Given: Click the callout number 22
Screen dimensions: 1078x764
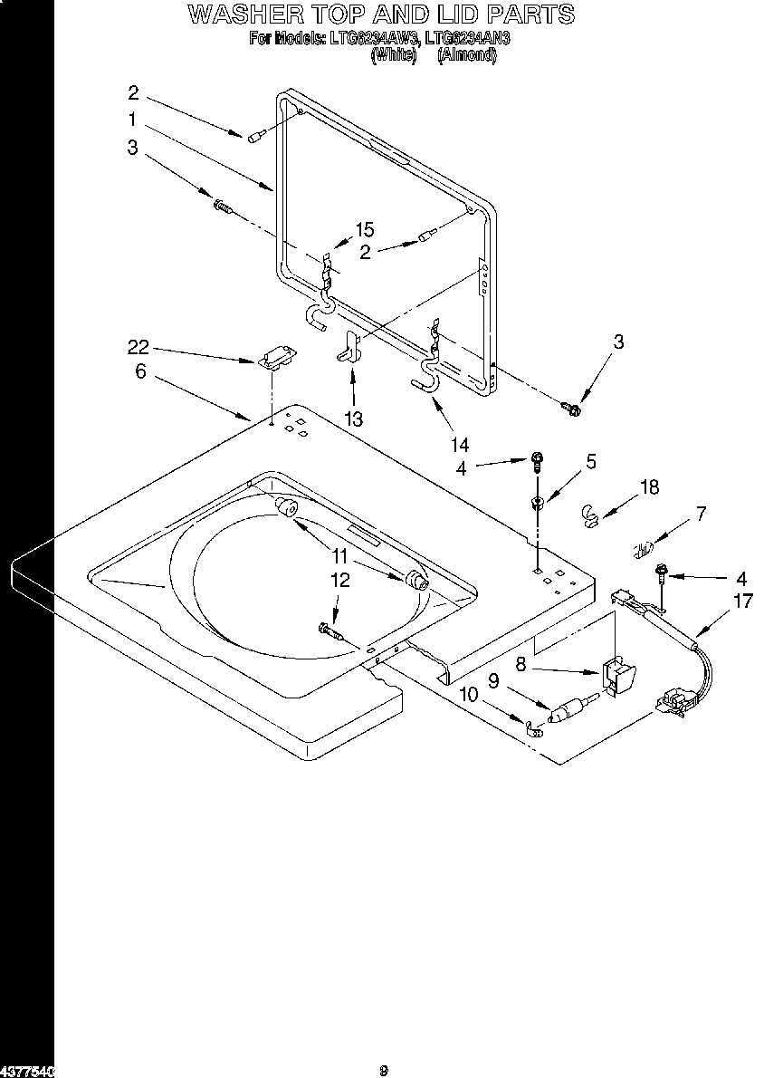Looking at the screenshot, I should [138, 348].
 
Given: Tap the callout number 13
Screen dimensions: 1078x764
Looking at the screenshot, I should [353, 419].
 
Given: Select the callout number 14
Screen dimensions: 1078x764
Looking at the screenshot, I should [461, 444].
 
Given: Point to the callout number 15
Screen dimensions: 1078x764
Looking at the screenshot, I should [364, 230].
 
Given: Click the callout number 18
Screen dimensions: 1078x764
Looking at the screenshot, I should [649, 488].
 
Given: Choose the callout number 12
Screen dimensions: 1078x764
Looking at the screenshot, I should [339, 581].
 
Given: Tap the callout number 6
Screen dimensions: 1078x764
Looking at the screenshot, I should [140, 371].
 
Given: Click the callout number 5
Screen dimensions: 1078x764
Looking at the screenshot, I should [590, 462].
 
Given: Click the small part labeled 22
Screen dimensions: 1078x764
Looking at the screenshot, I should [276, 361].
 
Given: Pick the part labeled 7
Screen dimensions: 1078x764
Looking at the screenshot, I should [643, 549].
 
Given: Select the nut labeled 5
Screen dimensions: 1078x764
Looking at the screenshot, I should [537, 504].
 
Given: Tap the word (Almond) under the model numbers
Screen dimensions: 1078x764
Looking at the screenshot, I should [467, 54].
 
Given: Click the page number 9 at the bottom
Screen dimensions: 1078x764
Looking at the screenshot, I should [384, 1071].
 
